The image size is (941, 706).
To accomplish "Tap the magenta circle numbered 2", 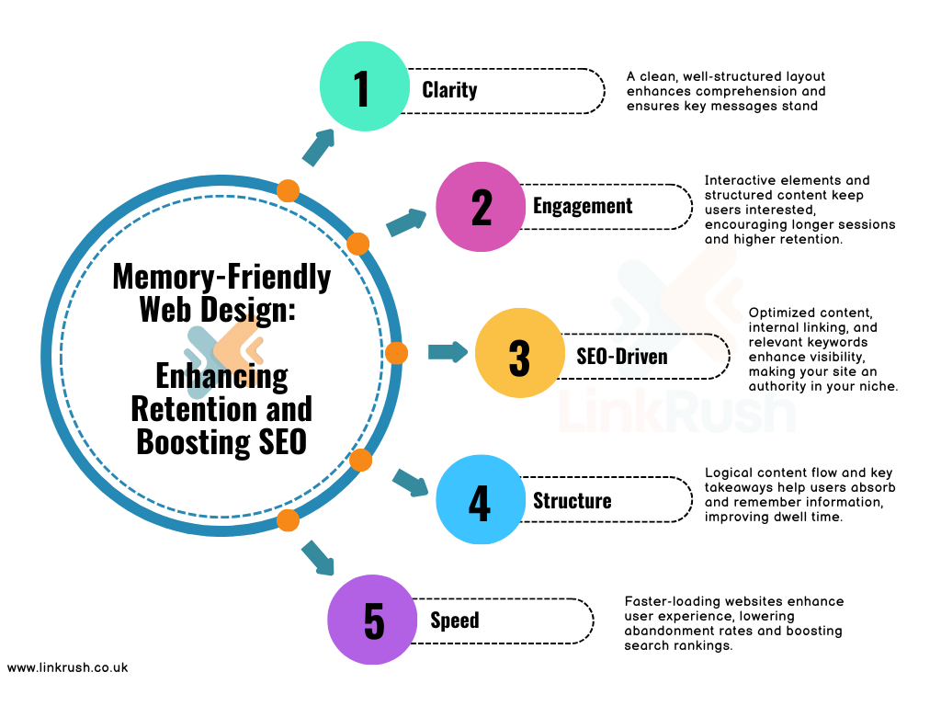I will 480,206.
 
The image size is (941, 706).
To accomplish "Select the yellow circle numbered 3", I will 519,356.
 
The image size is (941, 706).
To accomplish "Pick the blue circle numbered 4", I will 480,500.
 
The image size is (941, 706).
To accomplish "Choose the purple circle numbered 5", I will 372,620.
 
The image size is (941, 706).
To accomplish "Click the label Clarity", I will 449,90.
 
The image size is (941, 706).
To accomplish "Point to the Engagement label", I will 583,206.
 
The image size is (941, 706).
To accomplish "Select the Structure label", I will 572,501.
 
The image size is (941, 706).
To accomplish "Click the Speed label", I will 455,621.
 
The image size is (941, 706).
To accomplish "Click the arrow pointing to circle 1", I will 318,147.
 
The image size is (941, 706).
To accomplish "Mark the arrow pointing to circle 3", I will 448,352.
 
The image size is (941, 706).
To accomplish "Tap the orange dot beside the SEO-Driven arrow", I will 396,353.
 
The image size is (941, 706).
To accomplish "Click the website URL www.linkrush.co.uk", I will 67,667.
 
